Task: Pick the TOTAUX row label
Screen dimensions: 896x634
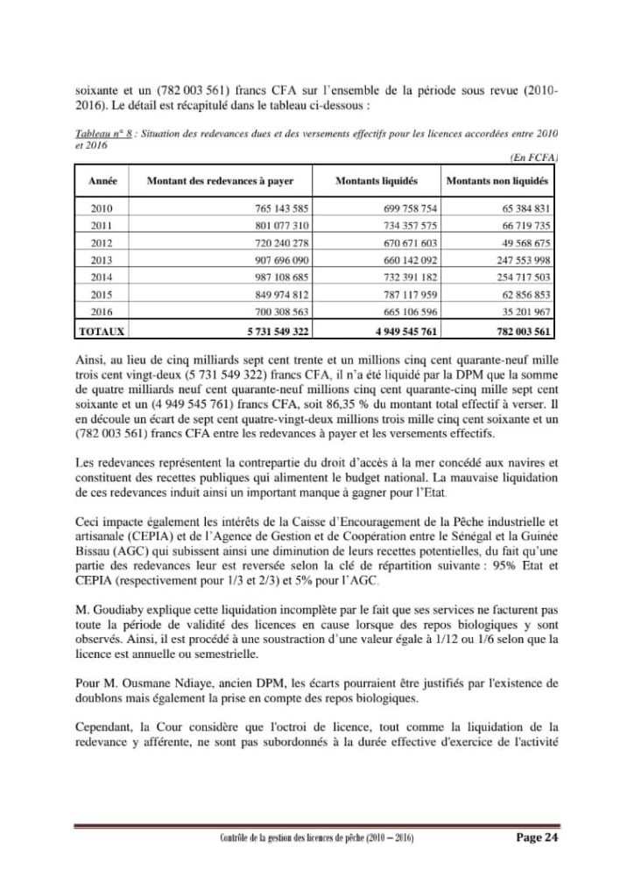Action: click(x=103, y=332)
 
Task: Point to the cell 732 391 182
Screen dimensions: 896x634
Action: click(x=403, y=276)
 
